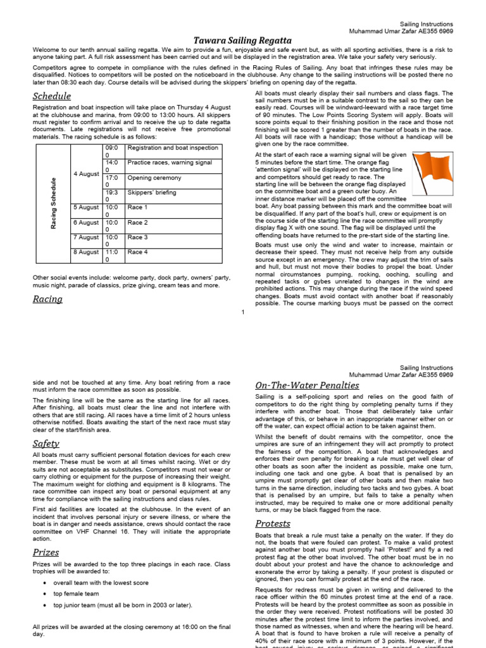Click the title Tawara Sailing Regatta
(242, 40)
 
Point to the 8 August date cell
(86, 252)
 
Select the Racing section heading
(47, 299)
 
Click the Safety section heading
(46, 444)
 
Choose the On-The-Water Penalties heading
(307, 385)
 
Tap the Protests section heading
(273, 523)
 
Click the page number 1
(242, 311)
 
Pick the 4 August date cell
(86, 174)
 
